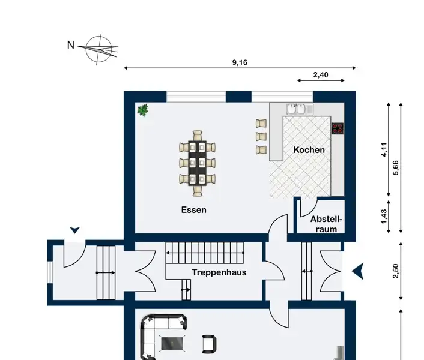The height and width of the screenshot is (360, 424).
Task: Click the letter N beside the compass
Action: click(x=71, y=45)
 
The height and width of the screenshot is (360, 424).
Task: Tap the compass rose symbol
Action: click(x=99, y=49)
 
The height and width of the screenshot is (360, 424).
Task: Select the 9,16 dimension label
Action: click(x=240, y=62)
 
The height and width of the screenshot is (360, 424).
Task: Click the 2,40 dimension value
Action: click(x=321, y=74)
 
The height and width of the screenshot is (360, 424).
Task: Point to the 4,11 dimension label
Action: click(x=384, y=149)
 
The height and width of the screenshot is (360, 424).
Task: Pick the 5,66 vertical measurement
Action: click(x=395, y=168)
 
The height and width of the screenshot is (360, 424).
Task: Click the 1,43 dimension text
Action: click(x=384, y=217)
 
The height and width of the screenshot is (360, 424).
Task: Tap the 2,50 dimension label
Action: click(x=395, y=271)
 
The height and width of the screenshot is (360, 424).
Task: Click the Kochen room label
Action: click(x=309, y=150)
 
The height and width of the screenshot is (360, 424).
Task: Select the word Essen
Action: click(x=193, y=210)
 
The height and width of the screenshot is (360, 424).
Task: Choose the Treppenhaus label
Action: click(x=219, y=272)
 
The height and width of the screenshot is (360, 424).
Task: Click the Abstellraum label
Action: click(x=326, y=224)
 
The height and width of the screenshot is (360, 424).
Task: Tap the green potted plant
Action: click(x=143, y=110)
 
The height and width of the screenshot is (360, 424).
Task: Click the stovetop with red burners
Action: click(x=338, y=128)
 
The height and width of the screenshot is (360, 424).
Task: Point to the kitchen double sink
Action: click(x=297, y=109)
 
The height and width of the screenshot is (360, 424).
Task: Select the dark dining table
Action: click(x=198, y=163)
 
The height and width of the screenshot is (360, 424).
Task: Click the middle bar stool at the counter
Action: click(x=261, y=136)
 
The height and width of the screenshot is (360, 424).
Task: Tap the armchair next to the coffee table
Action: click(x=209, y=344)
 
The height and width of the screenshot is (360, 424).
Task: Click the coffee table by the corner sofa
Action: click(x=172, y=343)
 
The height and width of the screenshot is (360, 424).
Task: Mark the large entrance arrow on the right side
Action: click(x=358, y=271)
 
